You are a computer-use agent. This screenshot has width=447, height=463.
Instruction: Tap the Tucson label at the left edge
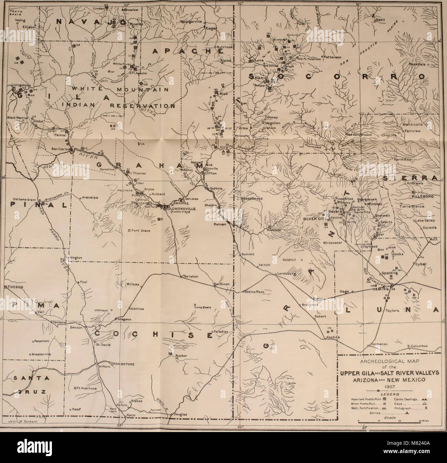point(13,287)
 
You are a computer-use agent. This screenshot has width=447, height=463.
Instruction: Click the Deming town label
point(380,289)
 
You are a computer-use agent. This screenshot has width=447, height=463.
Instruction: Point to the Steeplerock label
point(252,199)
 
